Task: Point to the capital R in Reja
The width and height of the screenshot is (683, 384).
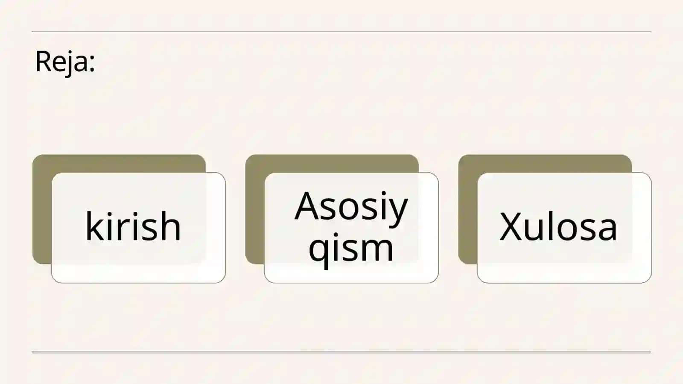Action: pos(43,61)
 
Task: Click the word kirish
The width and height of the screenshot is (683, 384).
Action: pos(133,226)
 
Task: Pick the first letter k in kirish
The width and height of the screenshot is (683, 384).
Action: pos(94,226)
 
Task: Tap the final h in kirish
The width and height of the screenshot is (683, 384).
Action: pos(171,226)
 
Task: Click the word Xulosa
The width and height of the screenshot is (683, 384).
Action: pos(558,227)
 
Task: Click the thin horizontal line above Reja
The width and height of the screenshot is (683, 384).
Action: pos(341,32)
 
